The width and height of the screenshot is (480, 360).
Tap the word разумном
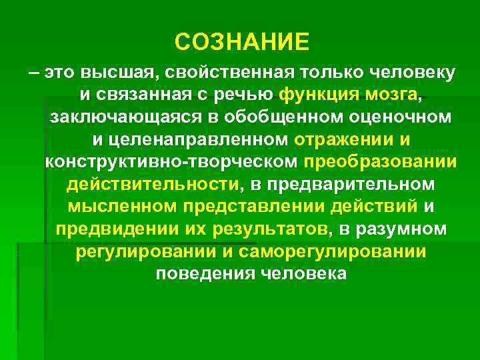407,231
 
